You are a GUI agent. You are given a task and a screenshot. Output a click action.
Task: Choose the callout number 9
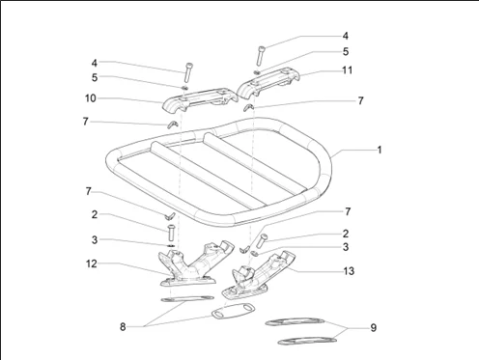click(373, 329)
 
